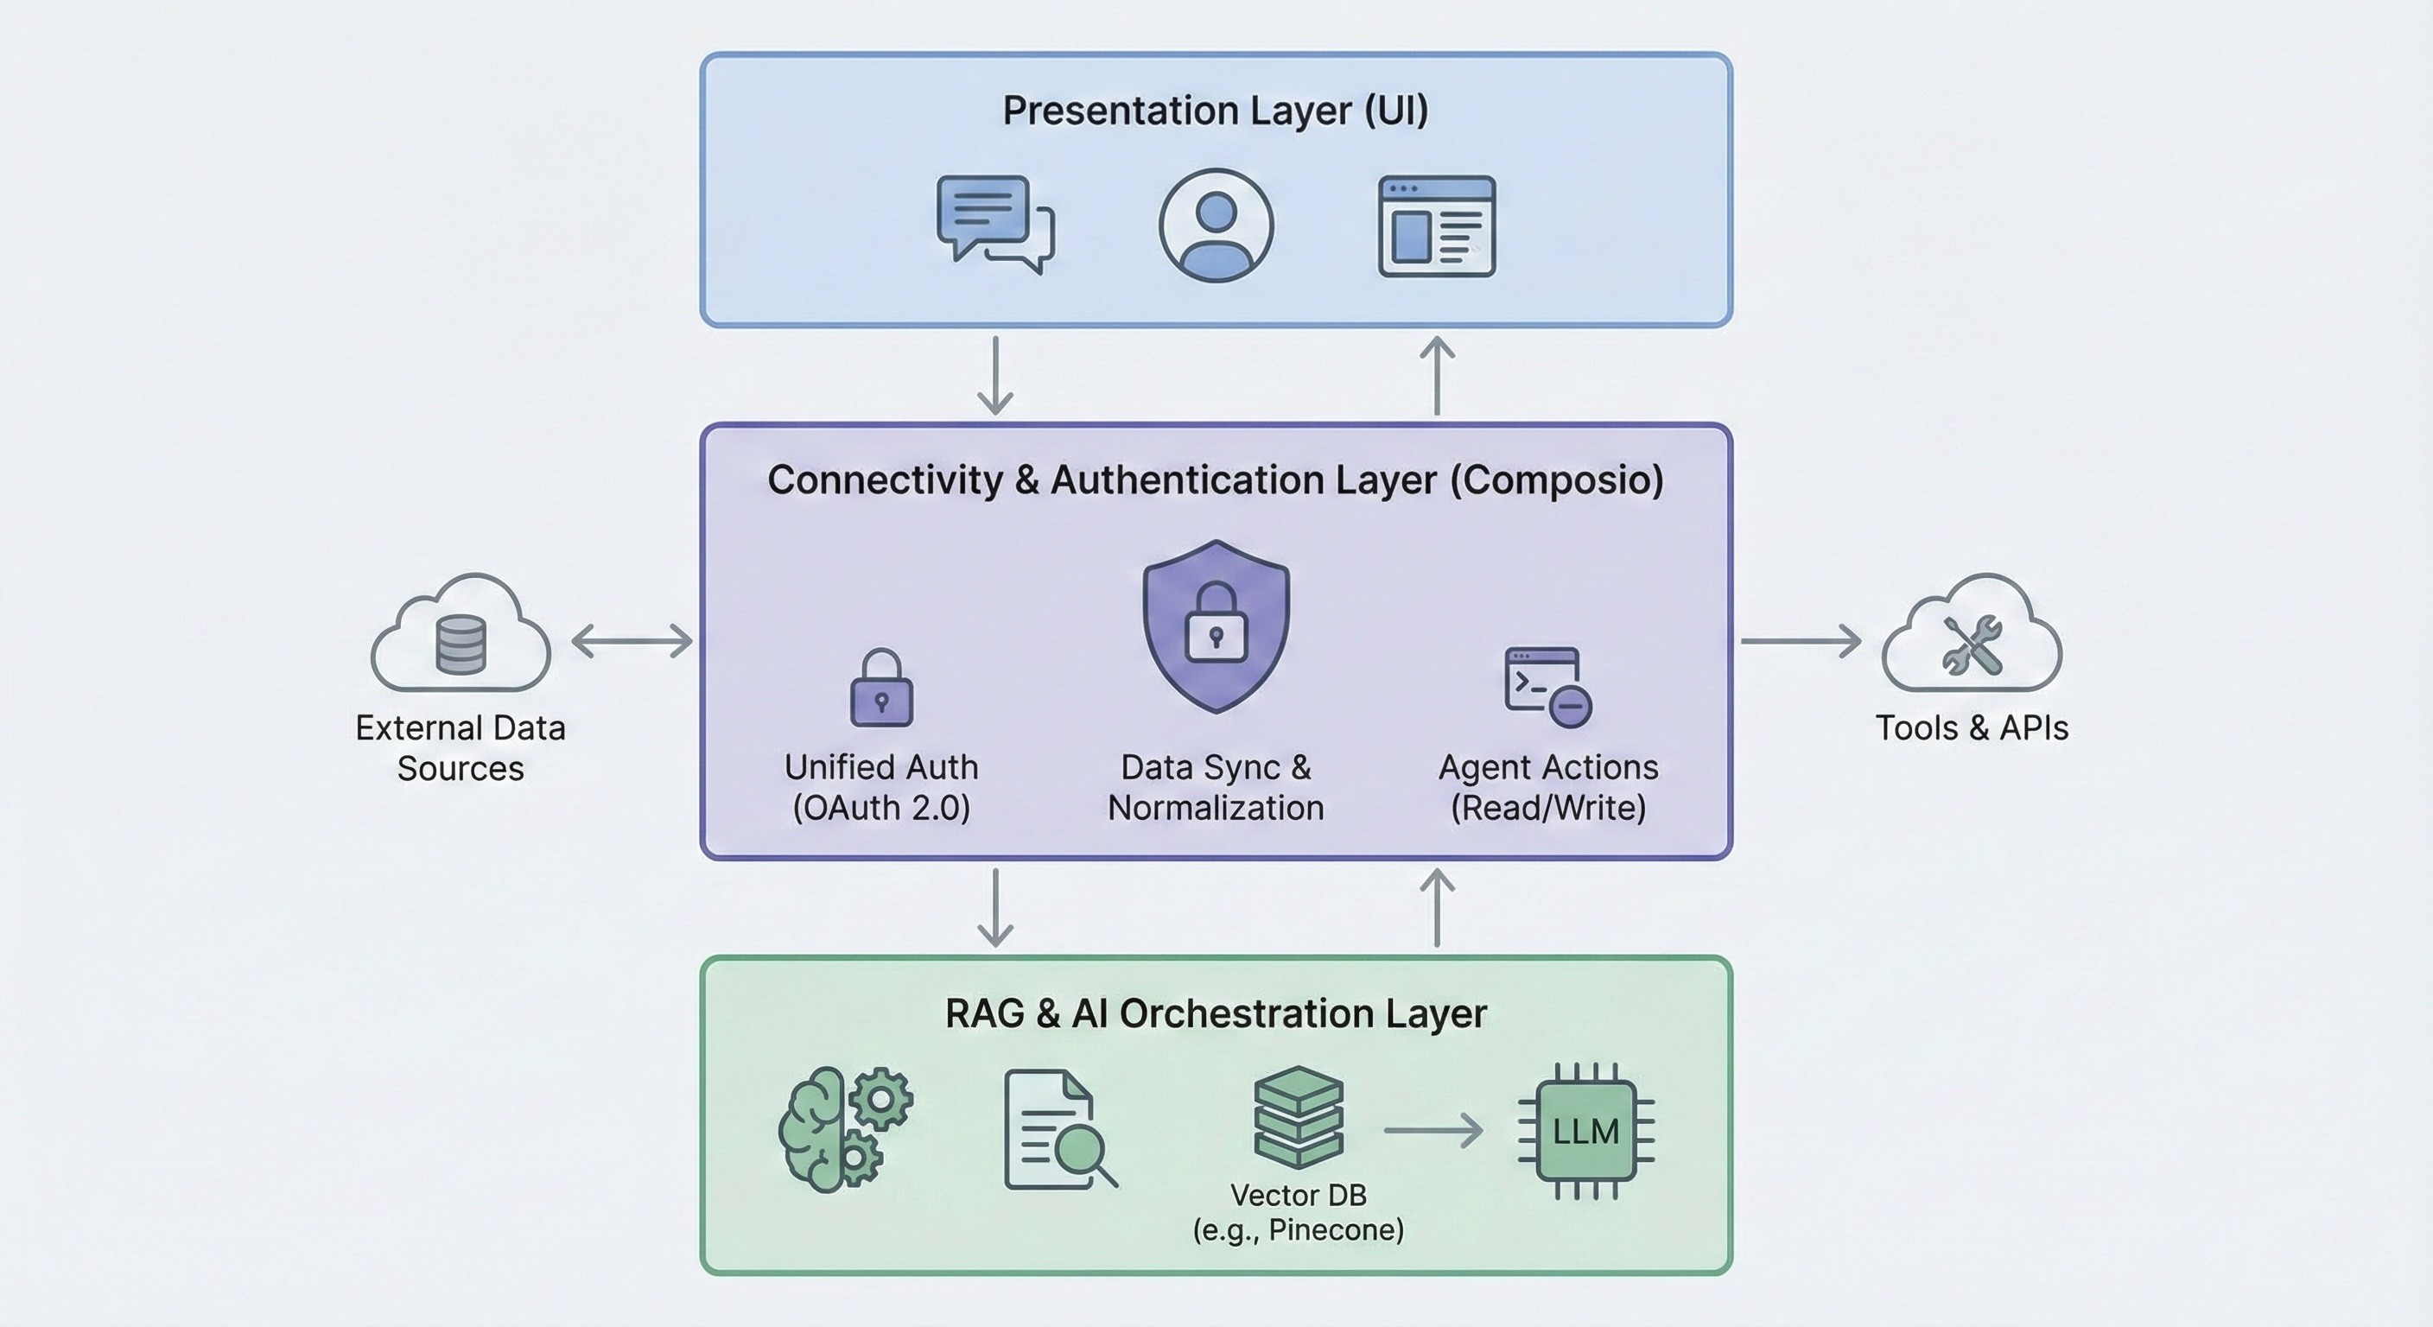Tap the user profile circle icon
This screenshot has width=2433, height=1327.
(1216, 225)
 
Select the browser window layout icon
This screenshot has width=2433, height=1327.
(1437, 225)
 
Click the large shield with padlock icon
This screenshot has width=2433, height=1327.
(1216, 626)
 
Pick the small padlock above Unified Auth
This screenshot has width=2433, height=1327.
(881, 689)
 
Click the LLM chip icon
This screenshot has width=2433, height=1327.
(1585, 1132)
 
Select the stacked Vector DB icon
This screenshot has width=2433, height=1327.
(1299, 1117)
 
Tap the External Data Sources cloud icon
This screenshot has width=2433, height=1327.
(461, 634)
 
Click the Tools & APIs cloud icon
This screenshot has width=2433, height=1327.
(1972, 634)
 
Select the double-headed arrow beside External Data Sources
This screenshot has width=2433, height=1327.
(632, 641)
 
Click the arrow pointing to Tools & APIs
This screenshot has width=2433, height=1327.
(1801, 641)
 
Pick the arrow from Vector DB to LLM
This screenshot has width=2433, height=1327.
(1432, 1131)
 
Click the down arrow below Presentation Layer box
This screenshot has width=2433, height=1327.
(995, 375)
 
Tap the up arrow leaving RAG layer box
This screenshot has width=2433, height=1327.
(1437, 908)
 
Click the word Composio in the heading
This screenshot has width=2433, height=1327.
(1557, 479)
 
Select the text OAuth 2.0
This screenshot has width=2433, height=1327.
(881, 808)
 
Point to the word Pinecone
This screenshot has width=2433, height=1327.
(1335, 1230)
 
